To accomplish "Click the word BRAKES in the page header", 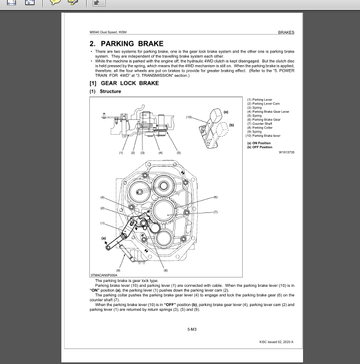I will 285,32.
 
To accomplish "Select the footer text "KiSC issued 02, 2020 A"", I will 276,341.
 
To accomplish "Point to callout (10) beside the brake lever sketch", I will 190,117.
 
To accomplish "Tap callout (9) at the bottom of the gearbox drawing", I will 118,269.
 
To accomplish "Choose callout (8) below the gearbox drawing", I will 165,269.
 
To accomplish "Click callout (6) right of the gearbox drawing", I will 215,197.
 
